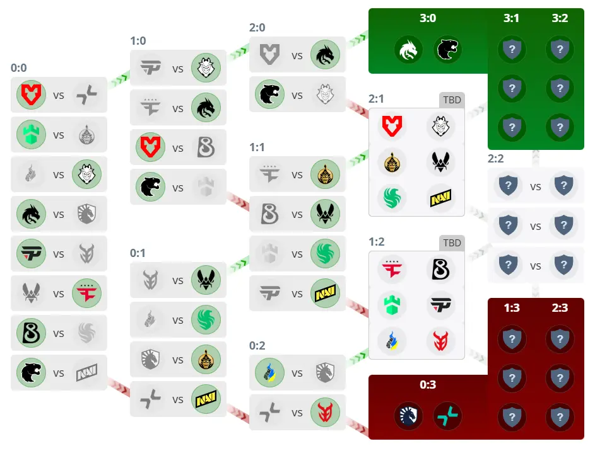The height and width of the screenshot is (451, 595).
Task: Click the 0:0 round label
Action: pyautogui.click(x=19, y=68)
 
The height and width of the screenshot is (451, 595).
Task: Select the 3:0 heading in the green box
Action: pyautogui.click(x=427, y=18)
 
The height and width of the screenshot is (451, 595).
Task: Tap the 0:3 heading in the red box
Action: pyautogui.click(x=427, y=385)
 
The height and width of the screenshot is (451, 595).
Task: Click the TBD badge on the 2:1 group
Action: pyautogui.click(x=452, y=100)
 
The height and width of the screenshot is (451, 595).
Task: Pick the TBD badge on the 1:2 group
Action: pyautogui.click(x=452, y=243)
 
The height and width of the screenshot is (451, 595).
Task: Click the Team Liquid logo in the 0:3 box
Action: pyautogui.click(x=409, y=416)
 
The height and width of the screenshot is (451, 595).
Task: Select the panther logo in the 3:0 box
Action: pyautogui.click(x=447, y=50)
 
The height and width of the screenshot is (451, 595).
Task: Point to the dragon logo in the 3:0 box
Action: pyautogui.click(x=409, y=50)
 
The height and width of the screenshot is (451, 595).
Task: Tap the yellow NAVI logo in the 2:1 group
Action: pyautogui.click(x=440, y=197)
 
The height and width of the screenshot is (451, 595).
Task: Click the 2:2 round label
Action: pyautogui.click(x=496, y=159)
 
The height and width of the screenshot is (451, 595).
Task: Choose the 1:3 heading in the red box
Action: pyautogui.click(x=512, y=309)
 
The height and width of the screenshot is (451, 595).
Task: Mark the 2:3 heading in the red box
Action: pyautogui.click(x=559, y=309)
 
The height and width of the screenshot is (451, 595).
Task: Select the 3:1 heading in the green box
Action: pyautogui.click(x=512, y=18)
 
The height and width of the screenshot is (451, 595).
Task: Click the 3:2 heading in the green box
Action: pyautogui.click(x=559, y=18)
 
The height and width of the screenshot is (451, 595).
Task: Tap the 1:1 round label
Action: pyautogui.click(x=257, y=147)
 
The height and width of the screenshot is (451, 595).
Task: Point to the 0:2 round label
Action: pyautogui.click(x=257, y=346)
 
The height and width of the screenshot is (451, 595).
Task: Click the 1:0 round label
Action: pyautogui.click(x=138, y=41)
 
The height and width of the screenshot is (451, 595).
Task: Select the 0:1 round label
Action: pyautogui.click(x=138, y=253)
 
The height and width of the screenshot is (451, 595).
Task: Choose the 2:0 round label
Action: pyautogui.click(x=257, y=28)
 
